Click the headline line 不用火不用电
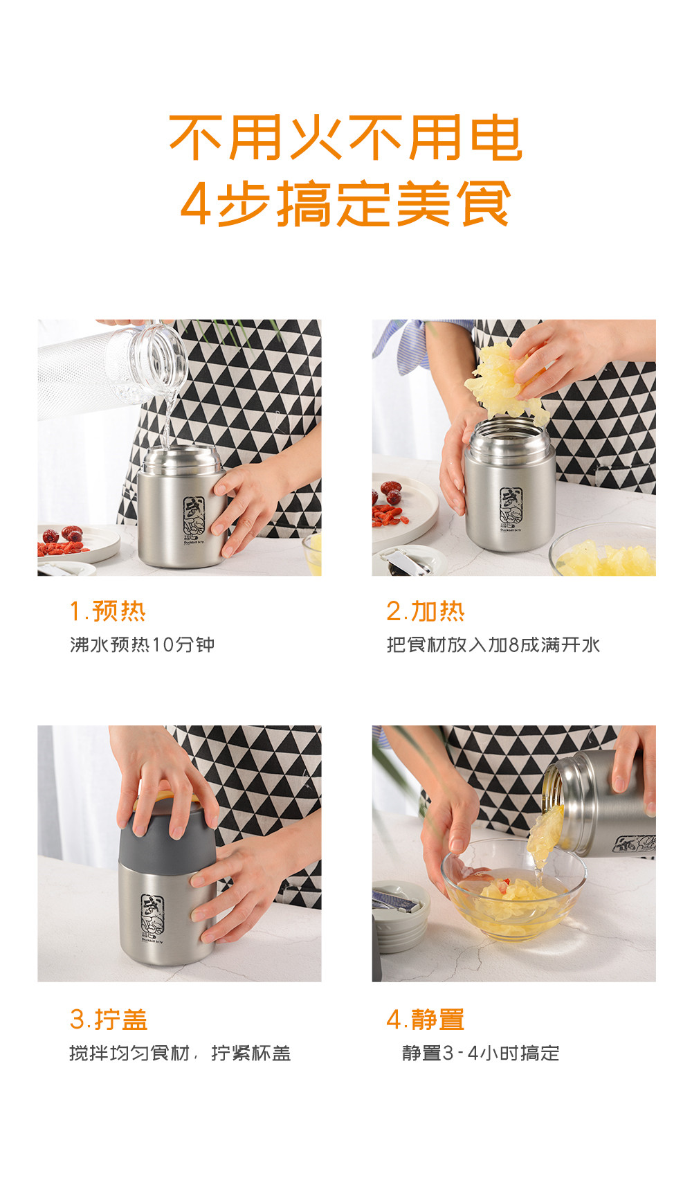(x=345, y=138)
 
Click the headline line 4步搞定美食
(x=345, y=203)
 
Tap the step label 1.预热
(x=108, y=611)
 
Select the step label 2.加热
(x=426, y=611)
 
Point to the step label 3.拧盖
(x=109, y=1020)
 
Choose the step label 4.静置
(x=426, y=1020)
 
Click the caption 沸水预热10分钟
(x=143, y=645)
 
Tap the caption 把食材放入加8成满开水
(x=493, y=645)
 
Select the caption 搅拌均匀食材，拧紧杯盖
(x=180, y=1053)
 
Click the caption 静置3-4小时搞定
(x=481, y=1053)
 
